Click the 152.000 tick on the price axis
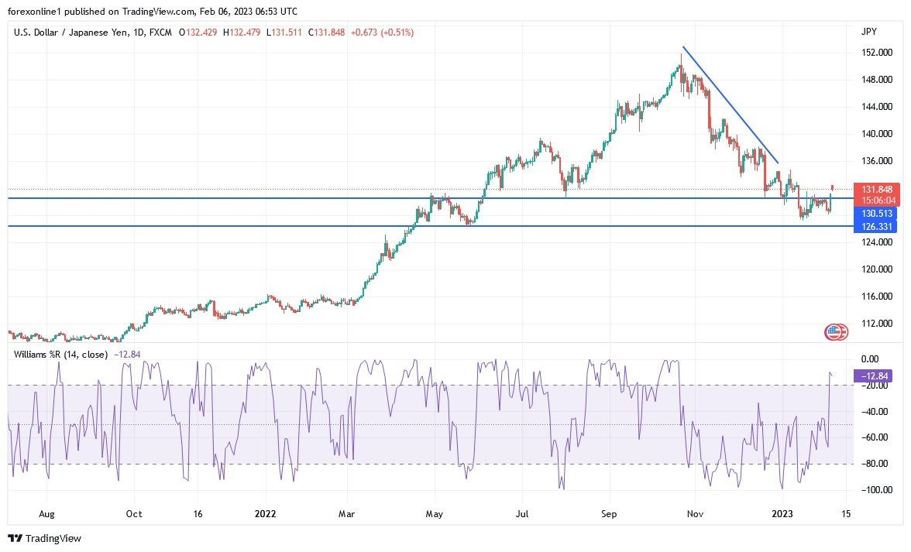876,53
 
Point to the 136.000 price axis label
876,161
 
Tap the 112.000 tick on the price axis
876,324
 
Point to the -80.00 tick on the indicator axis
874,464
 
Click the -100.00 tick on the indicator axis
874,490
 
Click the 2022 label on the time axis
266,513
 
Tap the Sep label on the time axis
609,513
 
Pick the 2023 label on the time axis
783,513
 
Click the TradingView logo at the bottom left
45,538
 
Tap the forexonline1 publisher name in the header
35,10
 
